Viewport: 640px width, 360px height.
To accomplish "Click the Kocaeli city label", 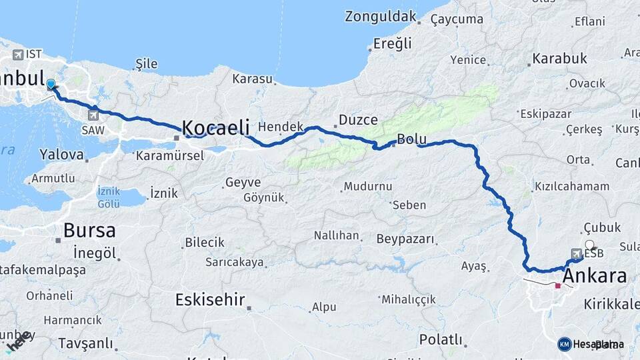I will pyautogui.click(x=215, y=127).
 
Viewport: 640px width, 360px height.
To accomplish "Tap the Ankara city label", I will pyautogui.click(x=595, y=276).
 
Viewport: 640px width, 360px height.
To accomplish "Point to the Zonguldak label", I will pyautogui.click(x=380, y=17).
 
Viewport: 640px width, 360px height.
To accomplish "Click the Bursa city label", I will pyautogui.click(x=89, y=231).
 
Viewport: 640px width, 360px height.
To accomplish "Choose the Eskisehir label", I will pyautogui.click(x=210, y=300).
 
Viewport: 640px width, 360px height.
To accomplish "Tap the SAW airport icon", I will pyautogui.click(x=93, y=115).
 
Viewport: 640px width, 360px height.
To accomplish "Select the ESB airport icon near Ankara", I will pyautogui.click(x=576, y=253).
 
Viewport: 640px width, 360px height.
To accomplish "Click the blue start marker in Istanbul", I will pyautogui.click(x=51, y=84).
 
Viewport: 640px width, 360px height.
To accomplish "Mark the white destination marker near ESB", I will pyautogui.click(x=590, y=245).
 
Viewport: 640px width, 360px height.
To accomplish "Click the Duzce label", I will pyautogui.click(x=358, y=120).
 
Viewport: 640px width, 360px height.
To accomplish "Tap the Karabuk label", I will pyautogui.click(x=559, y=59).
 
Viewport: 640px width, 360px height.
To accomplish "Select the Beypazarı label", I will pyautogui.click(x=405, y=239).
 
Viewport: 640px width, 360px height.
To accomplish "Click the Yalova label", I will pyautogui.click(x=61, y=155).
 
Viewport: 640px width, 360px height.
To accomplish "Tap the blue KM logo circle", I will pyautogui.click(x=565, y=344).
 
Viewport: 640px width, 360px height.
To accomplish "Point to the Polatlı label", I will pyautogui.click(x=441, y=340).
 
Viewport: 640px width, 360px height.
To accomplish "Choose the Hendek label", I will pyautogui.click(x=280, y=126).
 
